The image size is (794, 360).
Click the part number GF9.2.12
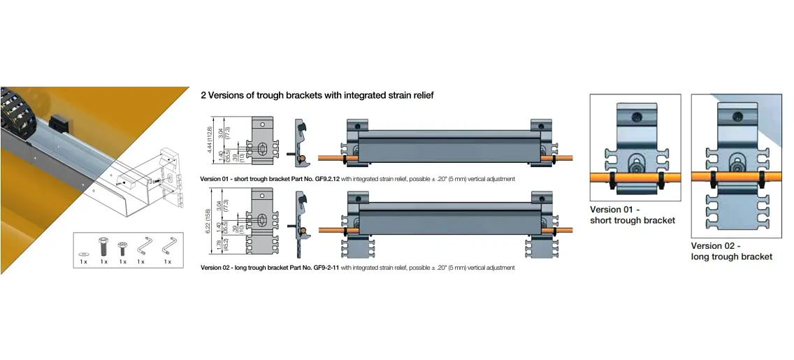327,179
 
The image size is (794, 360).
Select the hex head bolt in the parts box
103,246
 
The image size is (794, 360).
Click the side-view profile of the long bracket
301,217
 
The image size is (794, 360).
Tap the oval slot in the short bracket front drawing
262,148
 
